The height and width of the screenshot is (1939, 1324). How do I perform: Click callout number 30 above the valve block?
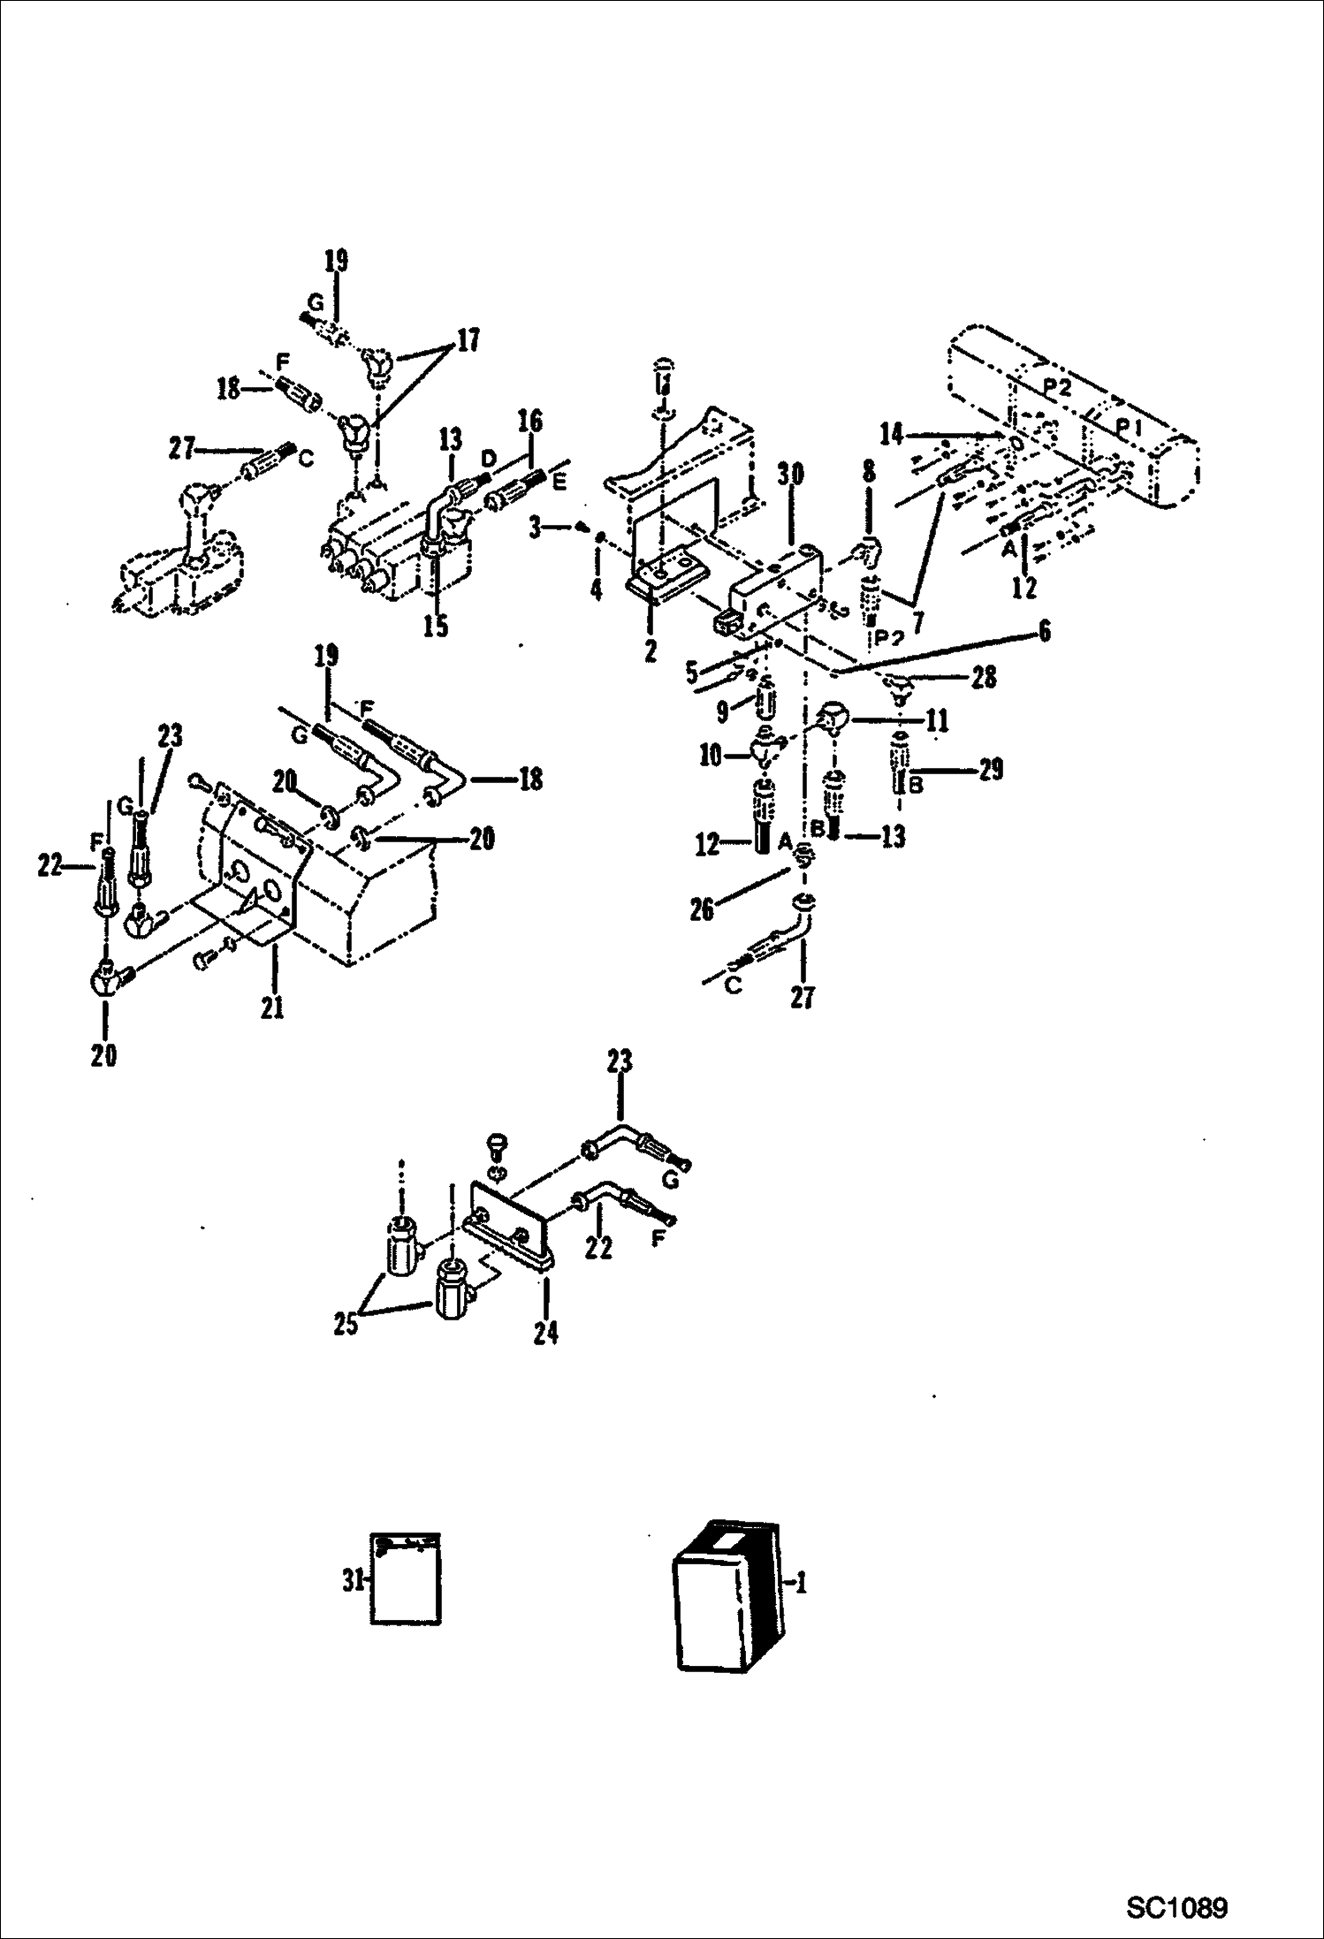tap(790, 475)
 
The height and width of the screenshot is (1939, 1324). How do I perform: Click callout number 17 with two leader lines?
tap(468, 340)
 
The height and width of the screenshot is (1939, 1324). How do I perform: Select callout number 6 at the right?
tap(1045, 631)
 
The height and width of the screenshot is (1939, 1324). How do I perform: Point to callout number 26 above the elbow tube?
tap(702, 909)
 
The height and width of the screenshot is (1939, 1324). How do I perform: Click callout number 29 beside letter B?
tap(991, 770)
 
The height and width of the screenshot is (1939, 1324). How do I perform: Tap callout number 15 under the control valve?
tap(435, 626)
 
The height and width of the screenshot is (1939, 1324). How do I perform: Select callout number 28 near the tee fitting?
tap(984, 677)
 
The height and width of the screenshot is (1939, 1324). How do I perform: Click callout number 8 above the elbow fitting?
tap(869, 471)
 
